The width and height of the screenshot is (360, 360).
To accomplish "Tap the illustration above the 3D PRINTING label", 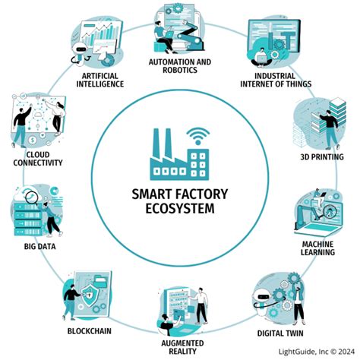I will (x=319, y=125).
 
